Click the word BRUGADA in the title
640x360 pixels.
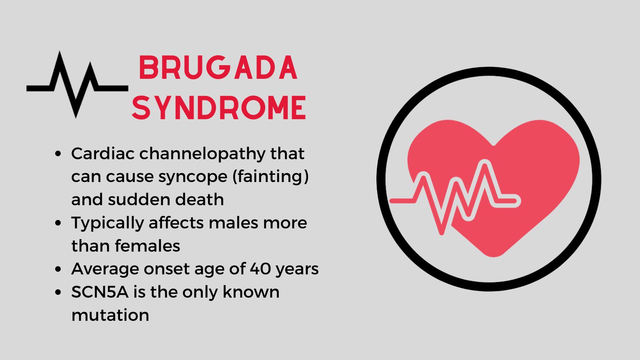coord(218,68)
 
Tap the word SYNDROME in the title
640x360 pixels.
coord(219,108)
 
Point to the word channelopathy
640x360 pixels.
coord(202,154)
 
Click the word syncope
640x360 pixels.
coord(187,176)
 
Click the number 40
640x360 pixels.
coord(260,269)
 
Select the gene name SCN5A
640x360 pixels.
coord(100,292)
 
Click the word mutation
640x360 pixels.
coord(110,315)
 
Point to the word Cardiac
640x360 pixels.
coord(103,154)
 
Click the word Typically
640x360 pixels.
coord(108,223)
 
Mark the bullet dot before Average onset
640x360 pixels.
coord(59,269)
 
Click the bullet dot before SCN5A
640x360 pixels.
coord(59,292)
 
